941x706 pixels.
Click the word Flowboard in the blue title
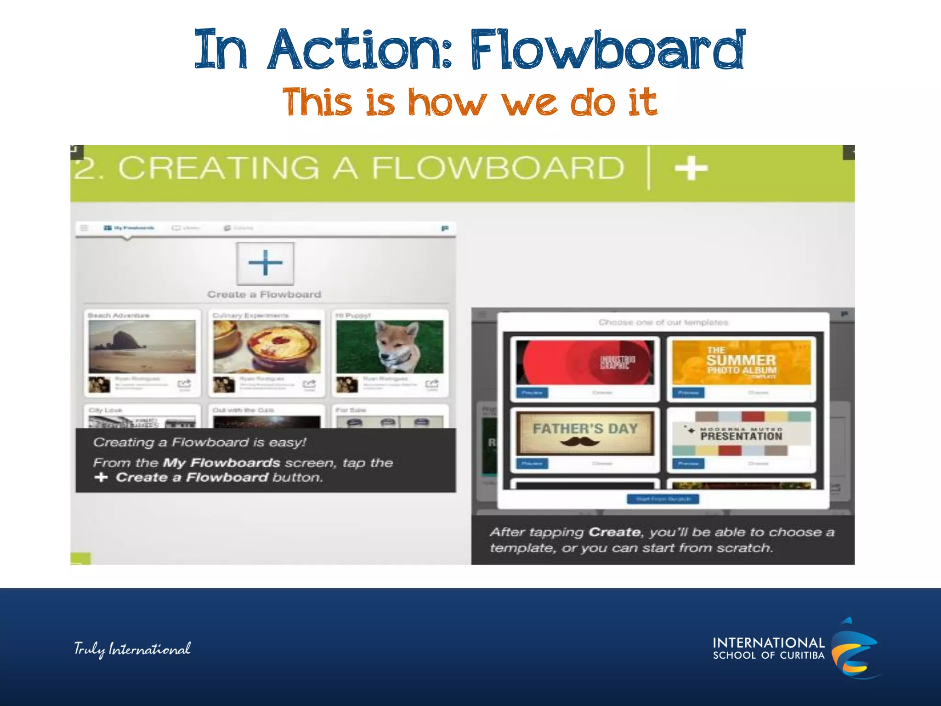click(607, 50)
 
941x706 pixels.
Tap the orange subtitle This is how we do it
click(470, 102)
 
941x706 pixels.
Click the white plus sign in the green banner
click(691, 168)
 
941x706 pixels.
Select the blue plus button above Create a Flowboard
click(265, 263)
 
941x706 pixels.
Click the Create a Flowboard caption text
click(264, 295)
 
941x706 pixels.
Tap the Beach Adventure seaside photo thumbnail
click(142, 347)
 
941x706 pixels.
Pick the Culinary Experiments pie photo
click(266, 347)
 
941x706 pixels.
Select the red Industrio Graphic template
click(584, 363)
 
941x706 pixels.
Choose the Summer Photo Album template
click(741, 363)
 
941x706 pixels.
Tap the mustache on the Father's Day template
click(580, 442)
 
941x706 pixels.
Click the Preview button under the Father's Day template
click(532, 463)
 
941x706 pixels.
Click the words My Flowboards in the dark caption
click(221, 462)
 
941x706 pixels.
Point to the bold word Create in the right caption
click(614, 532)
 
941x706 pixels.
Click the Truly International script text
click(132, 649)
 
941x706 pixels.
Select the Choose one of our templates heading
click(663, 322)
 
